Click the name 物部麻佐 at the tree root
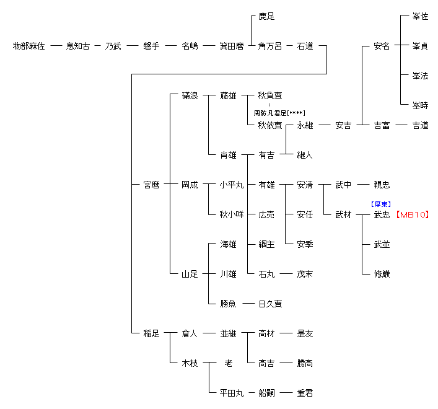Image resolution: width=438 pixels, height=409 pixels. [x=29, y=46]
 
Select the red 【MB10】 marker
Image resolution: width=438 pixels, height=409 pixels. [x=412, y=214]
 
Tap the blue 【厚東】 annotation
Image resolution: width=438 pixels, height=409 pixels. [x=381, y=204]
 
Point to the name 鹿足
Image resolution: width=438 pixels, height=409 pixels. [x=266, y=16]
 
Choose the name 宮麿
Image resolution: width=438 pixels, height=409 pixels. [x=151, y=185]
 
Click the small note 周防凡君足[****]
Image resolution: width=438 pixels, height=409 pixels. [x=279, y=113]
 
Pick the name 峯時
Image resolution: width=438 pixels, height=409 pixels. [x=420, y=105]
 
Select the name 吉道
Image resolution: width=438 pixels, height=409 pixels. [x=420, y=125]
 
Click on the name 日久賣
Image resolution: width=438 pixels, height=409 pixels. [x=270, y=304]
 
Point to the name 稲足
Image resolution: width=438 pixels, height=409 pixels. [x=151, y=333]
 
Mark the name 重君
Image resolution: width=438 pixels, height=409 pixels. [x=305, y=393]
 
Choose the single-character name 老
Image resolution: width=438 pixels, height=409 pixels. [x=228, y=363]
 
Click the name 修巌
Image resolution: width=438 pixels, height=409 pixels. [x=382, y=274]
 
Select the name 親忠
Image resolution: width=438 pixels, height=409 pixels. [x=382, y=185]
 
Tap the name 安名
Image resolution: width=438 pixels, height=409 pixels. [x=382, y=46]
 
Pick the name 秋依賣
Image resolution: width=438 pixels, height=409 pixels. [x=270, y=125]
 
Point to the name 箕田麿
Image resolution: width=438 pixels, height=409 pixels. [x=231, y=46]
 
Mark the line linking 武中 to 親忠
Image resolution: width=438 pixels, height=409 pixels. [x=362, y=185]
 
